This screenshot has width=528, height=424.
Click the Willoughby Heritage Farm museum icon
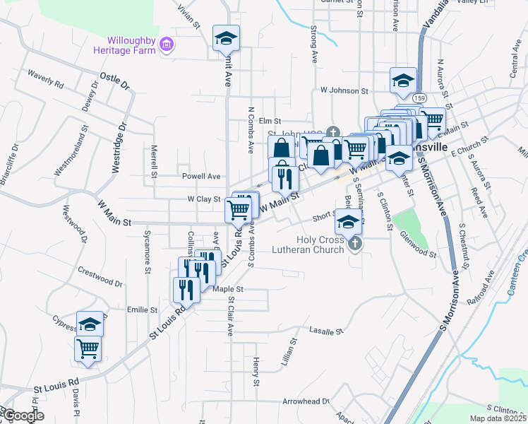click(167, 45)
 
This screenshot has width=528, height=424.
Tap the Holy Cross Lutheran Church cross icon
click(354, 244)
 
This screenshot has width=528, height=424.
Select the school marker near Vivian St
click(227, 38)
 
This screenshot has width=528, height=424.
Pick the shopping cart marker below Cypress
click(88, 348)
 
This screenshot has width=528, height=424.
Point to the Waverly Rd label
click(45, 77)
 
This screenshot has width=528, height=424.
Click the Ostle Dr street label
click(115, 80)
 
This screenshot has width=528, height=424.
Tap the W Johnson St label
click(344, 90)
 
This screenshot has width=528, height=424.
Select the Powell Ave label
click(201, 176)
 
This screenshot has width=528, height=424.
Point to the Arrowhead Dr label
click(306, 401)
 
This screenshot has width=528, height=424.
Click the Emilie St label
click(142, 310)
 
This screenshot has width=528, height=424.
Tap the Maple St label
click(227, 289)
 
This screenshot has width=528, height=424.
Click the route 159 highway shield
click(420, 97)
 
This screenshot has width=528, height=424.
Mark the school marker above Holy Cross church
click(347, 221)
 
